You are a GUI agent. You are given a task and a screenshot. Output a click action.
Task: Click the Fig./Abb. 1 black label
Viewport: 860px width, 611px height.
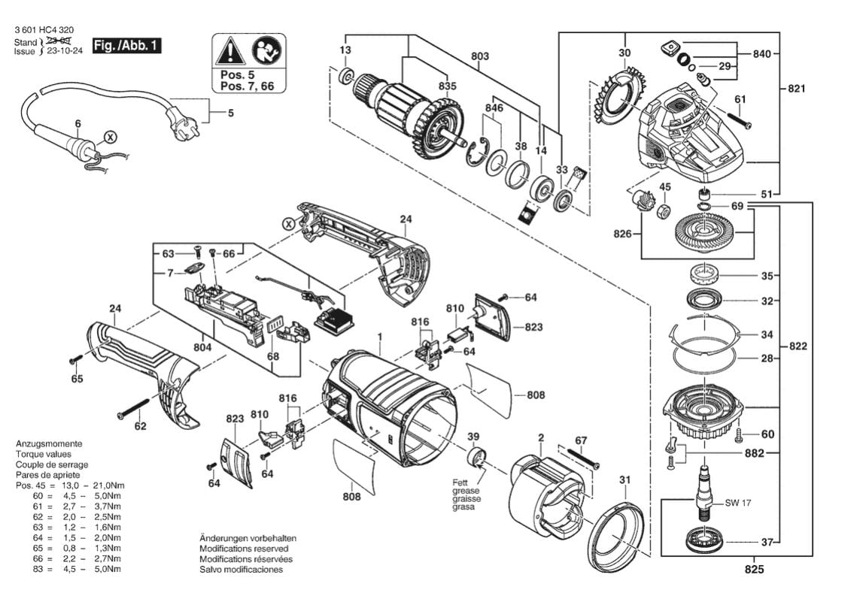(x=126, y=46)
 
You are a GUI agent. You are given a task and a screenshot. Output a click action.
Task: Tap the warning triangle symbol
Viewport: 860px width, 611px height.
(x=230, y=50)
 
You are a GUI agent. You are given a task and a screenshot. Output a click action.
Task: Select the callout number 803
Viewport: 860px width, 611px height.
(x=480, y=56)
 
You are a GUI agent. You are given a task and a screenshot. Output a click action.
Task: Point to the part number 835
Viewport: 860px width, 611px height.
(x=448, y=86)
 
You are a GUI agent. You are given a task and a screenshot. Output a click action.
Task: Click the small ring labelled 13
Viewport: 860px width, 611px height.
(x=347, y=76)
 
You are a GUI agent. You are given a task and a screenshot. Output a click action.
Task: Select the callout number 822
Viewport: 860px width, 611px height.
(x=798, y=346)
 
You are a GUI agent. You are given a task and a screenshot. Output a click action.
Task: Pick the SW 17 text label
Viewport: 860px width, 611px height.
(x=738, y=503)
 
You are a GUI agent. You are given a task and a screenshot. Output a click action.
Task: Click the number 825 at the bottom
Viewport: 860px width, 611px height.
(x=754, y=570)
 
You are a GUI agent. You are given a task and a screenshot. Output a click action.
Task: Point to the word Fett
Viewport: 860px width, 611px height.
(x=460, y=482)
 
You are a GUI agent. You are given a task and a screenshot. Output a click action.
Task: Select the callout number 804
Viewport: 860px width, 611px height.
(x=202, y=347)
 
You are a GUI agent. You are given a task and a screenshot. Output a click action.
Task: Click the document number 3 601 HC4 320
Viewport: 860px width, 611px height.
(x=44, y=30)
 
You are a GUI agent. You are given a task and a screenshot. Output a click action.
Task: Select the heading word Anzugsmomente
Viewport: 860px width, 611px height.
(x=49, y=443)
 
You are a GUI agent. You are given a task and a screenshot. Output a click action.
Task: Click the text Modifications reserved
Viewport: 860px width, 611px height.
(x=244, y=549)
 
